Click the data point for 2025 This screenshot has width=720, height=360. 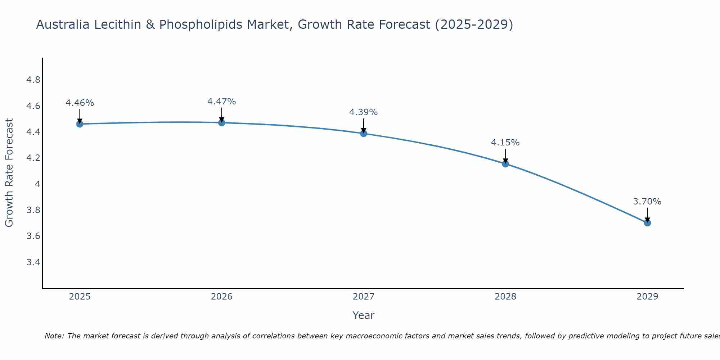pos(80,124)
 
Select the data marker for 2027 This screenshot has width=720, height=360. pos(364,134)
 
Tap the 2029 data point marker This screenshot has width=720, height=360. pos(647,223)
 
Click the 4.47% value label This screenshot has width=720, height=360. pos(221,102)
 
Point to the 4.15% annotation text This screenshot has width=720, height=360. pos(505,143)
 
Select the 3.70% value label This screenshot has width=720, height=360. pos(647,202)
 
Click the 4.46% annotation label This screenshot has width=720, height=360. pos(80,103)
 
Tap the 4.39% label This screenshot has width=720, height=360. pos(363,112)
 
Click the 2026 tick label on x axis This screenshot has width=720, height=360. pos(221,297)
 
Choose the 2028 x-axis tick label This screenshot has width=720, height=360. pos(505,297)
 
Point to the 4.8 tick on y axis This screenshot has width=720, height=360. pos(33,80)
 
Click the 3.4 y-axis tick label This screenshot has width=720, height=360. pos(33,262)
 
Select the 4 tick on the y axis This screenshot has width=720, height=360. pos(37,184)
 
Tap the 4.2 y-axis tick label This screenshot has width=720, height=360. pos(33,158)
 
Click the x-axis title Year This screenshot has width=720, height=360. pos(363,315)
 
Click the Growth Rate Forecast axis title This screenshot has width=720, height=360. pos(9,173)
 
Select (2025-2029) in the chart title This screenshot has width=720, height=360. pos(474,25)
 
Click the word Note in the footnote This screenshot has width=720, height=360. pos(54,336)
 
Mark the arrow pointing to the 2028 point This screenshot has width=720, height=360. pos(505,157)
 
